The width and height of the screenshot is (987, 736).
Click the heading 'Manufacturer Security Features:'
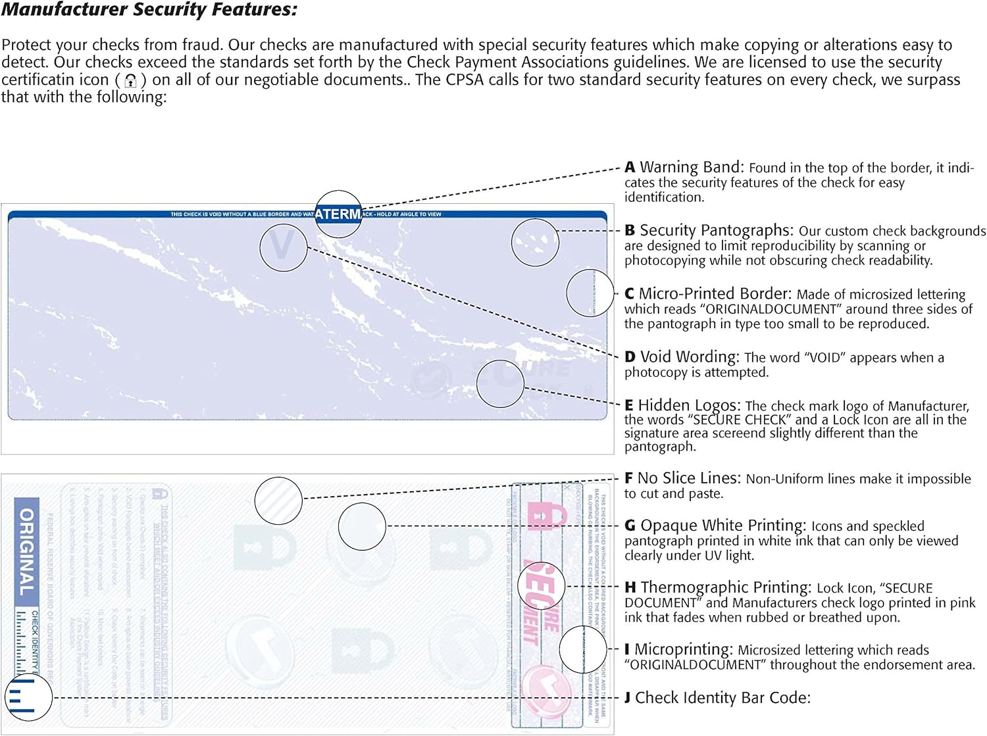tap(149, 10)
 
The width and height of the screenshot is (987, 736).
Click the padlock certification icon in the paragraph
tap(131, 80)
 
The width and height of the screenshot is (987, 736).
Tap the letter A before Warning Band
tap(630, 167)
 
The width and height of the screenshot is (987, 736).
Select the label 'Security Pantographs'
tap(716, 230)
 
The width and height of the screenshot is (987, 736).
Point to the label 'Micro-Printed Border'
tap(715, 293)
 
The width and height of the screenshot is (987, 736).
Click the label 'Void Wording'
tap(690, 356)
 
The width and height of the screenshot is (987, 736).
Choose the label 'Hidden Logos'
tap(689, 405)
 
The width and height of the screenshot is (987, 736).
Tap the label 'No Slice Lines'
tap(689, 478)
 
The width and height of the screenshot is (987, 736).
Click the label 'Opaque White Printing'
tap(722, 526)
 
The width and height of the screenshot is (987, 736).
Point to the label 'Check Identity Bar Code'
tap(722, 697)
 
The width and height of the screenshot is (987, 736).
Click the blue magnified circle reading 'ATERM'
tap(338, 214)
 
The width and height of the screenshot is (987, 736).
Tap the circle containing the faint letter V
tap(283, 247)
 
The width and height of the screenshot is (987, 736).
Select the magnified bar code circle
tap(28, 697)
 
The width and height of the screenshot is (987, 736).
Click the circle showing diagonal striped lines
tap(278, 501)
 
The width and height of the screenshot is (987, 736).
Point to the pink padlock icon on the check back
tap(547, 516)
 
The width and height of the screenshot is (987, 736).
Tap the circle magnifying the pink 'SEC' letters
tap(541, 586)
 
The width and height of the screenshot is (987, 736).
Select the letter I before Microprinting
tap(627, 650)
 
